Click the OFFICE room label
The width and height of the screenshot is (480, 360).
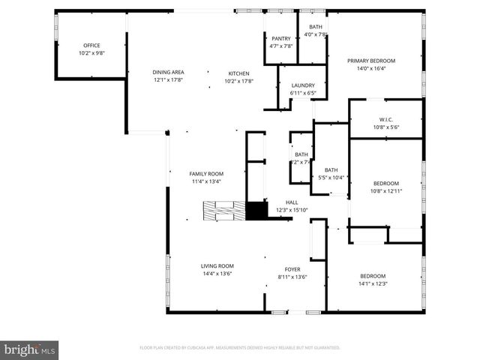click(x=91, y=46)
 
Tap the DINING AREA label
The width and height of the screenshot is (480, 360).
click(x=168, y=73)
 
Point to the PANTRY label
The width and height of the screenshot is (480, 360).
click(x=280, y=38)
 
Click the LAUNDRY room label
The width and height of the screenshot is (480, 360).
click(x=303, y=85)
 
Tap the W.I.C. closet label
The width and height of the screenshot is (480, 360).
click(x=386, y=119)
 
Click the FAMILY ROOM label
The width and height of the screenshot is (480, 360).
click(x=205, y=173)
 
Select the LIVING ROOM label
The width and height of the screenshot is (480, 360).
click(x=217, y=266)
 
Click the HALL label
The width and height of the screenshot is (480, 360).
click(x=292, y=202)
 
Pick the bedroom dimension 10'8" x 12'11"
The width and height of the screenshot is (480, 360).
click(x=386, y=191)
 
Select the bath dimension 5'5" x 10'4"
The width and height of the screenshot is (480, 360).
click(x=331, y=178)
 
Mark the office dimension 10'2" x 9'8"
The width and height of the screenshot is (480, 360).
click(x=91, y=53)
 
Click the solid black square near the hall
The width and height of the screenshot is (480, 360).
click(x=257, y=211)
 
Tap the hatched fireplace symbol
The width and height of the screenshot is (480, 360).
click(x=223, y=211)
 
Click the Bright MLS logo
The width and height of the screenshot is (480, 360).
click(x=29, y=349)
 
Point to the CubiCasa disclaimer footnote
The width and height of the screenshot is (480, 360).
click(x=240, y=348)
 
